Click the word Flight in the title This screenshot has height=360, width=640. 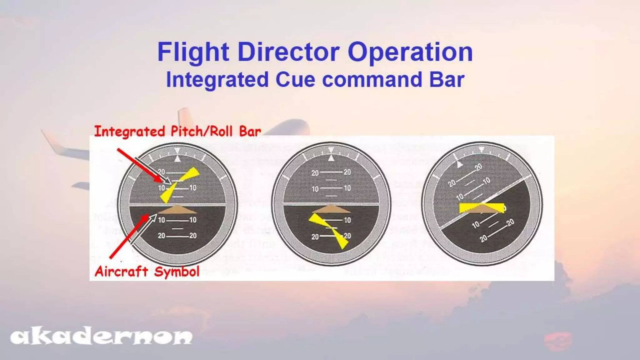point(193,52)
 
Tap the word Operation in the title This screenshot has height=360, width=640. point(410,52)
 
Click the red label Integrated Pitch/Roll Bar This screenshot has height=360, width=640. point(177,131)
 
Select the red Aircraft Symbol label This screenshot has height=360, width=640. point(147,271)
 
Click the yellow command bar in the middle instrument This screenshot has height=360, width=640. point(329,230)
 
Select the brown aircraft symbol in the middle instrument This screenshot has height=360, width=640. point(331,209)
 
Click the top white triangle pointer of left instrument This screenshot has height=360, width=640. point(177,159)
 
